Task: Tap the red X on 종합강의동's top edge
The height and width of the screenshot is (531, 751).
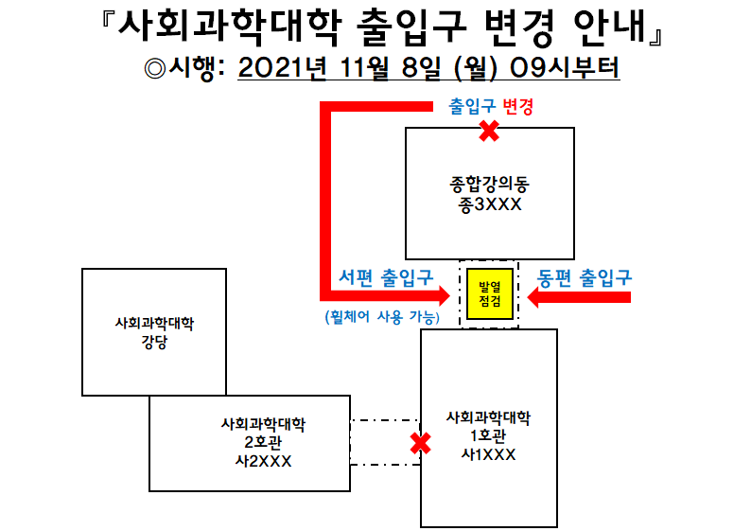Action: [x=489, y=131]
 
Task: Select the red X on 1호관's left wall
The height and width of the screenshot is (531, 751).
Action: [x=421, y=442]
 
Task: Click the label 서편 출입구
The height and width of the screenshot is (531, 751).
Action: [x=386, y=277]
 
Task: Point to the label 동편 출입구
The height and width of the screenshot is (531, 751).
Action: [x=585, y=277]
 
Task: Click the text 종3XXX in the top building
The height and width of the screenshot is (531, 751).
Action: [x=489, y=204]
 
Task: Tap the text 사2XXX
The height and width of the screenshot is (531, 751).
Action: [x=263, y=461]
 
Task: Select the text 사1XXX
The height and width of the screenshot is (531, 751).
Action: [x=488, y=454]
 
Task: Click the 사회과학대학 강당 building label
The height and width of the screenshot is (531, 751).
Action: [x=154, y=332]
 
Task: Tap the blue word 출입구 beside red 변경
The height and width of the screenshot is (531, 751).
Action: [x=471, y=107]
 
